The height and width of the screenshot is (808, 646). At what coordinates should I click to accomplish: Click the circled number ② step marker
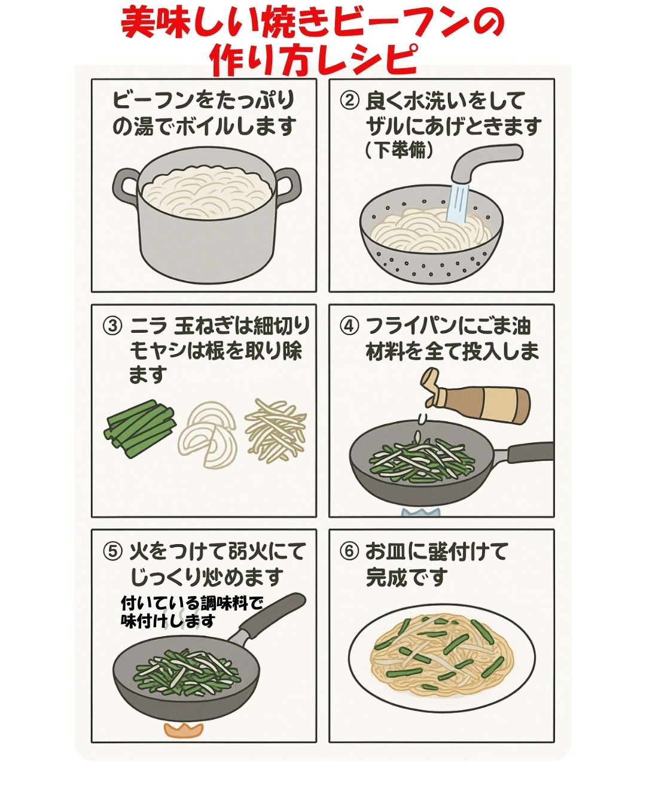pos(349,101)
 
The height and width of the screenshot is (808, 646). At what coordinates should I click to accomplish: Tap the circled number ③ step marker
pos(111,327)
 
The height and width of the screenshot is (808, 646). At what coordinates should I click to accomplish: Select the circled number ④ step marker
pos(349,326)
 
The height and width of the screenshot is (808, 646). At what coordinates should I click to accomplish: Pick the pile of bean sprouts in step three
pos(276,428)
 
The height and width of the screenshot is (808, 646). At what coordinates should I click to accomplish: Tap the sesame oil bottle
pos(479,402)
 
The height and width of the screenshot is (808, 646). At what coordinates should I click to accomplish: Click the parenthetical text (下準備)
pos(398,150)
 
